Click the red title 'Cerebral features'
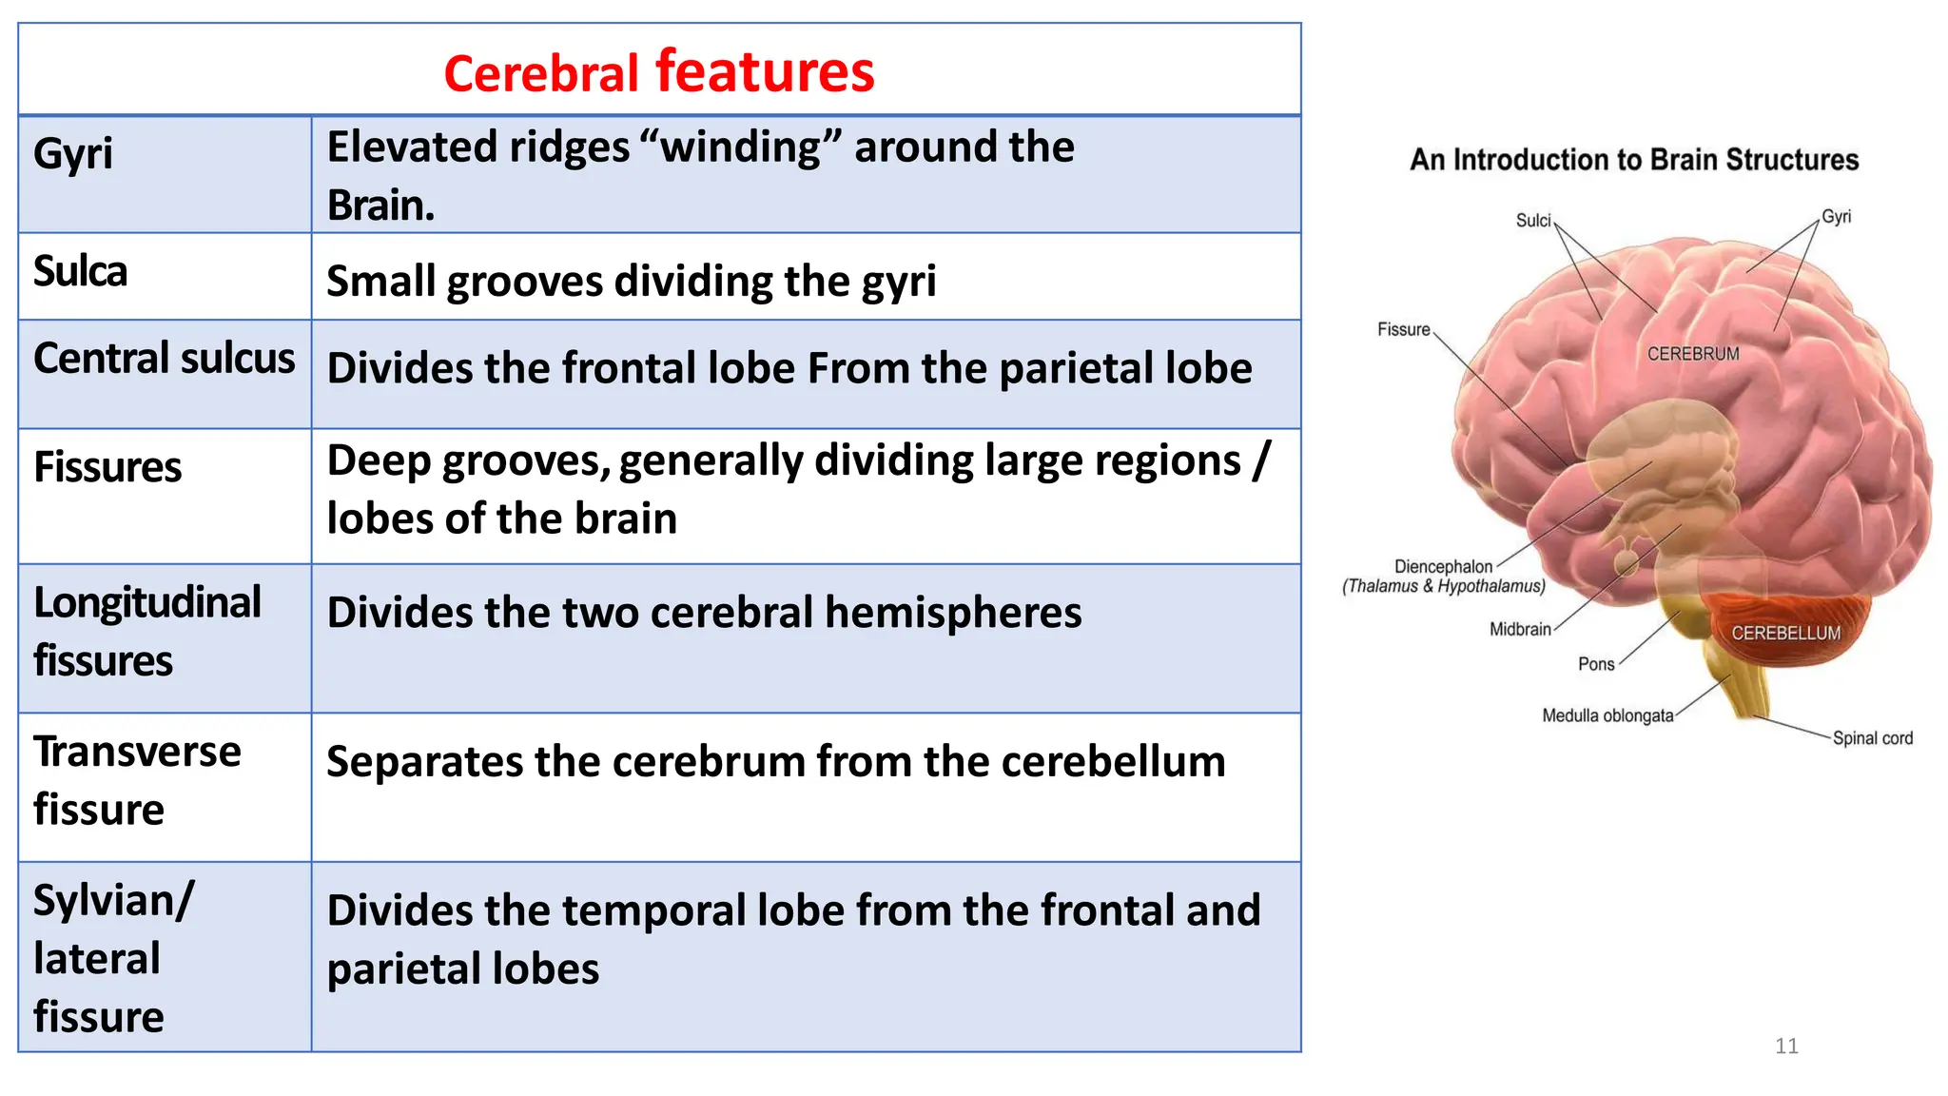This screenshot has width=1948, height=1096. pos(658,72)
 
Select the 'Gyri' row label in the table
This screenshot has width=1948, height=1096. pos(73,154)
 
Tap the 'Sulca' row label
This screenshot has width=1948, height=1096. pos(80,272)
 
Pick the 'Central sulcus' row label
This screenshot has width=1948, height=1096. pos(164,359)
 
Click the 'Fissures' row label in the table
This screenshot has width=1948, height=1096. pos(107,467)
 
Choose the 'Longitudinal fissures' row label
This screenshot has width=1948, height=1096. pos(146,631)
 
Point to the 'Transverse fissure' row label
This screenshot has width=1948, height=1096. pos(137,780)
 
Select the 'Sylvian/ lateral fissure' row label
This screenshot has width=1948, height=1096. pos(113,957)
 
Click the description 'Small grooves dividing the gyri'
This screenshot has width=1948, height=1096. pos(631,282)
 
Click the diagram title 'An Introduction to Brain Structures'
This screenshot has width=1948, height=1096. pos(1633,160)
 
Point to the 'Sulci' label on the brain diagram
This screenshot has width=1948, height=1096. pos(1532,221)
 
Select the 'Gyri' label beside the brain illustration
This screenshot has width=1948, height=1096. pos(1836,217)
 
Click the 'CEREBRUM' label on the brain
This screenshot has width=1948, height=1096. pos(1693,354)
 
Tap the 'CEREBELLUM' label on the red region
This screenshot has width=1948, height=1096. pos(1785,633)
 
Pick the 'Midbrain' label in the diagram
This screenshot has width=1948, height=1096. pos(1519,629)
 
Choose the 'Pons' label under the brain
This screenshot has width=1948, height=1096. pos(1595,664)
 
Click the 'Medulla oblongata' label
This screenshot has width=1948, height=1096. pos(1607,715)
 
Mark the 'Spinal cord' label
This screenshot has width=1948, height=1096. pos(1872,738)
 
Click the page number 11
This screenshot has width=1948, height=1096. pos(1786,1047)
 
